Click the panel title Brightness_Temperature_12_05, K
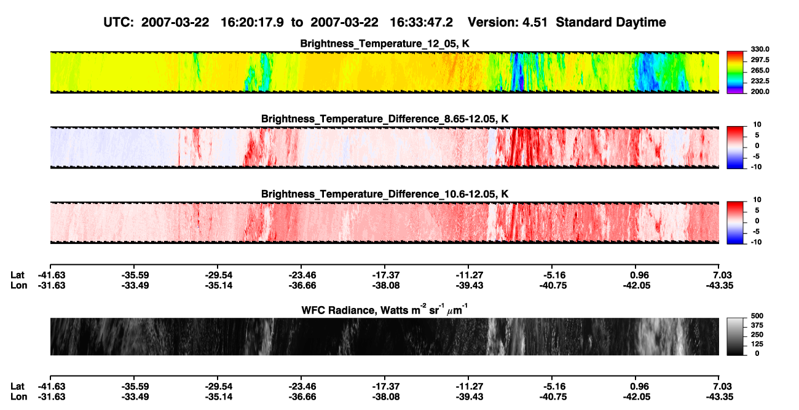point(385,44)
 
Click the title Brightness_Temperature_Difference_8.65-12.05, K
point(385,119)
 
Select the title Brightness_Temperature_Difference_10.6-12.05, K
point(385,194)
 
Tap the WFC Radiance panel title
point(385,310)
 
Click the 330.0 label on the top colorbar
point(760,49)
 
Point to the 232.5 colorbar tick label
point(760,81)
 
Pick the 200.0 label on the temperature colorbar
point(760,92)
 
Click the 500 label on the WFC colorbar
point(757,316)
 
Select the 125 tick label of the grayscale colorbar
point(757,344)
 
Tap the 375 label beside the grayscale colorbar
point(757,325)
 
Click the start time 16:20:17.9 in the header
point(252,22)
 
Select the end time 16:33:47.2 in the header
point(421,22)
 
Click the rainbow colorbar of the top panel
point(735,73)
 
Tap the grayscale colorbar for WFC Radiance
point(735,336)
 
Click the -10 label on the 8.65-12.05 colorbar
point(757,167)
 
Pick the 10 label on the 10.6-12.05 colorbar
point(757,200)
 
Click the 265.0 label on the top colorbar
point(760,70)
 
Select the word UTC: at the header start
point(119,22)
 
